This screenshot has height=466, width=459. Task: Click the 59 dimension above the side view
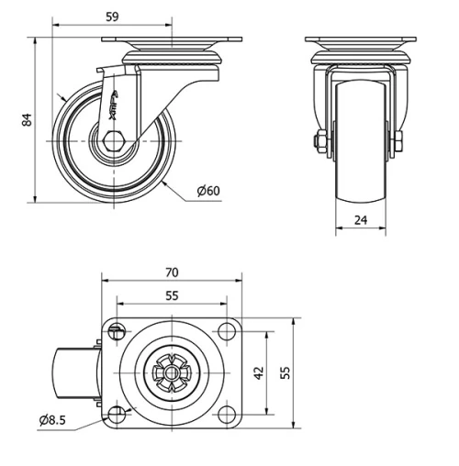[112, 16]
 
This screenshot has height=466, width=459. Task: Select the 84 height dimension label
[28, 120]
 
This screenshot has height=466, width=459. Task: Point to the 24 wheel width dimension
[361, 219]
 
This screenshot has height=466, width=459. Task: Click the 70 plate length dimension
[172, 272]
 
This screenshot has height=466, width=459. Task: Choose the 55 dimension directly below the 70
[172, 295]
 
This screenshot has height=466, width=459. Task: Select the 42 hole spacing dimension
[259, 373]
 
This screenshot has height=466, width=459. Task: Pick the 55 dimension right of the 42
[285, 373]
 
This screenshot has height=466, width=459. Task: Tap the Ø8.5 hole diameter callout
[54, 420]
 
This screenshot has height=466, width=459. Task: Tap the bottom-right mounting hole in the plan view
[225, 413]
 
